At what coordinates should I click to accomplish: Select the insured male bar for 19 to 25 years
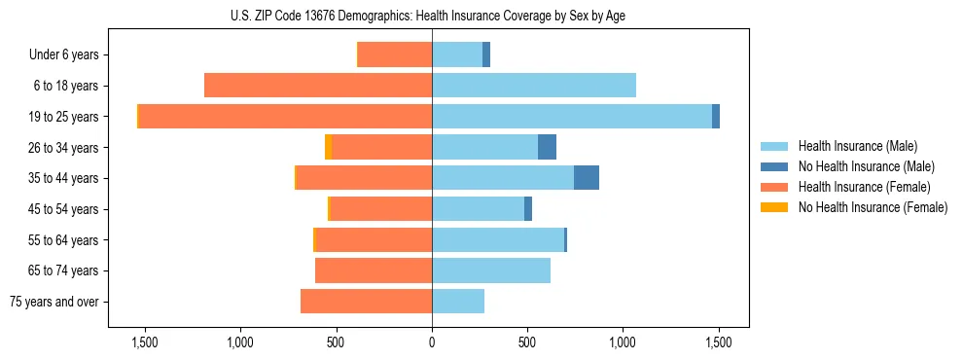coord(572,117)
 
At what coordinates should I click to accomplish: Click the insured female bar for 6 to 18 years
coord(318,86)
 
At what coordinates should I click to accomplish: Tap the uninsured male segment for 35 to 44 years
coord(587,178)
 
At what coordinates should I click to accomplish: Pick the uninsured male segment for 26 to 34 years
coord(548,147)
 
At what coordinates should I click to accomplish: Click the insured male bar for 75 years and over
coord(458,302)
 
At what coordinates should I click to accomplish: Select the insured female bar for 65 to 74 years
coord(374,270)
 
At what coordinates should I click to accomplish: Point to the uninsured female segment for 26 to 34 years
coord(328,147)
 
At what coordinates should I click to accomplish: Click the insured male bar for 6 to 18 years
coord(534,86)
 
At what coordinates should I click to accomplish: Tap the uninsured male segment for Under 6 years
coord(486,54)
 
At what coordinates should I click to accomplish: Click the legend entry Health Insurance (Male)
coord(858,146)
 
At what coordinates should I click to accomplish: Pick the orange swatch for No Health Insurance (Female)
coord(774,207)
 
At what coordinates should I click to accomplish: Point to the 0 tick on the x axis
coord(432,342)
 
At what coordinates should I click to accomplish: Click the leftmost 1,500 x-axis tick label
coord(144,342)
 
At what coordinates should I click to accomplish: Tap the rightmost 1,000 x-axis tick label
coord(624,342)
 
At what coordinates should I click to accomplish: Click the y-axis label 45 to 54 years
coord(64,209)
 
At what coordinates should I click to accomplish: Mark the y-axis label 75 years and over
coord(54,302)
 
